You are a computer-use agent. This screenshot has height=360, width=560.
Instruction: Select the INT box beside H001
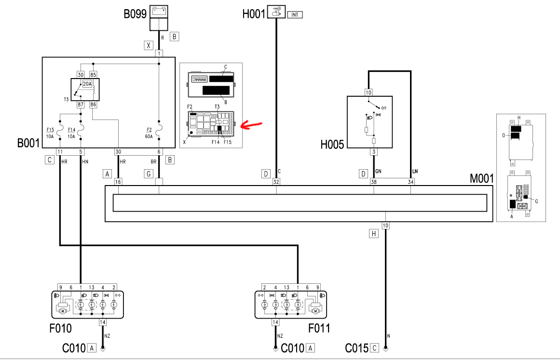pos(295,15)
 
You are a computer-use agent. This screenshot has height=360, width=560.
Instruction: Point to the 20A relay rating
pos(87,84)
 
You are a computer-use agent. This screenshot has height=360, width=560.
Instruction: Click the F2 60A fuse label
pos(148,133)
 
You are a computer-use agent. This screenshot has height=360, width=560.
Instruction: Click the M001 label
pos(481,179)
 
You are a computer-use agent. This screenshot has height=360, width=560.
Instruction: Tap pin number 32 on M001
pos(276,182)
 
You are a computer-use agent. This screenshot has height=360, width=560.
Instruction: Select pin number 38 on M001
pos(374,182)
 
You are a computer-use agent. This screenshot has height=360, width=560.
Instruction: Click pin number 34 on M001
pos(410,182)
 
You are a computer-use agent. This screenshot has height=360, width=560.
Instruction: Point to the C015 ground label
pos(357,347)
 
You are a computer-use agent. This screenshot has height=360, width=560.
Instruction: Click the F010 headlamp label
pos(61,328)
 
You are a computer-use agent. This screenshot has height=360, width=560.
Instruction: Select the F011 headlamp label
pos(319,328)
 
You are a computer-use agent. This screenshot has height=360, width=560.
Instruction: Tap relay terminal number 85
pos(93,74)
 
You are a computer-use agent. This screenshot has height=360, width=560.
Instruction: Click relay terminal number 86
pos(93,105)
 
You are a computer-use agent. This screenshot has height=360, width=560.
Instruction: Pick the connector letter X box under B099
pos(149,46)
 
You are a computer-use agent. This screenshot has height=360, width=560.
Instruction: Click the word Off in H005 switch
pos(384,108)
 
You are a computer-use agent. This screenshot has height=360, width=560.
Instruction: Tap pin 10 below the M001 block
pos(385,225)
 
